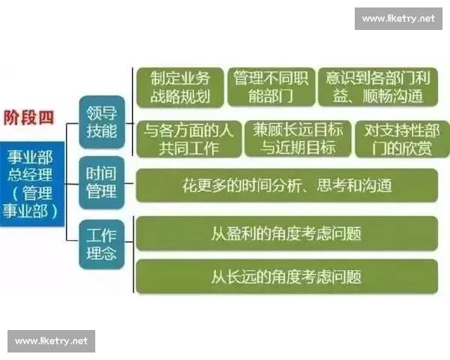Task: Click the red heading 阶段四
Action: coord(29,118)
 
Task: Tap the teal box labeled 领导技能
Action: coord(101,122)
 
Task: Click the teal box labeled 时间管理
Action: coord(101,183)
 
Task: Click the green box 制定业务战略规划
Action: coord(178,88)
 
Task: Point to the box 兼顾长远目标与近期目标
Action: coord(297,139)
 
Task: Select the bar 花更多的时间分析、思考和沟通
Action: coord(286,184)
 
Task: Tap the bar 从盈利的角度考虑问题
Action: coord(286,232)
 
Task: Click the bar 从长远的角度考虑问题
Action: coord(286,276)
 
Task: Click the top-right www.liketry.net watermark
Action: coord(398,18)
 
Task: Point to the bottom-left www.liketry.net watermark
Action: coord(51,341)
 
